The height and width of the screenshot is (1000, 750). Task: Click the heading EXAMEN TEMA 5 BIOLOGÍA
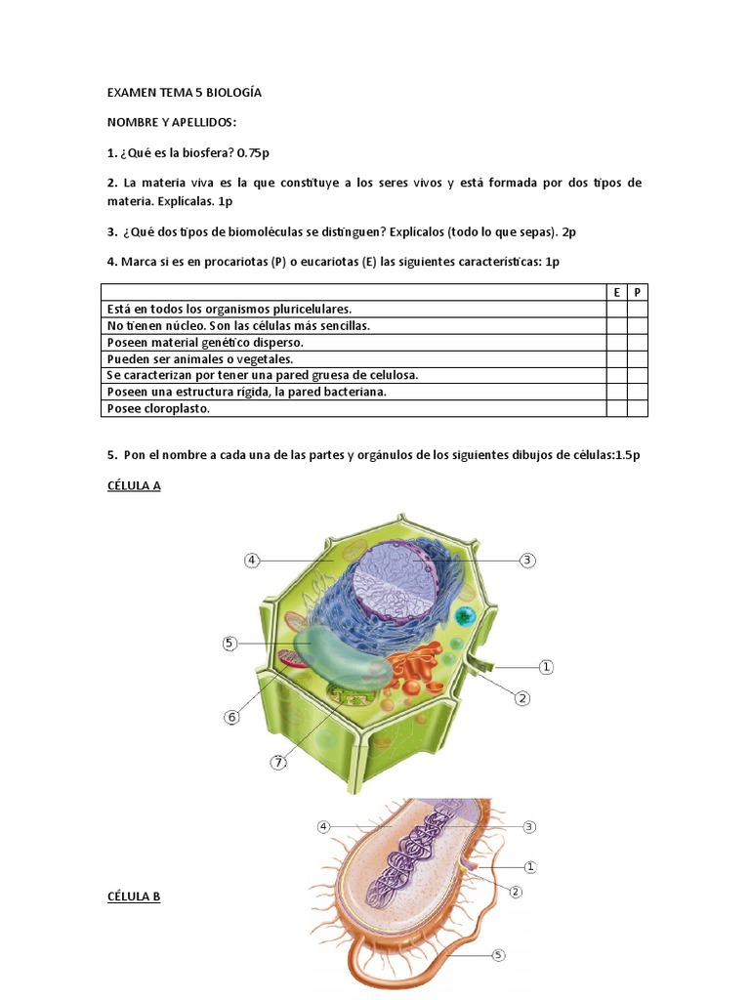[185, 93]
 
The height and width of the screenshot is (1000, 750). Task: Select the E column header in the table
[617, 292]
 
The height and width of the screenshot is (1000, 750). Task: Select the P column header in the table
[637, 292]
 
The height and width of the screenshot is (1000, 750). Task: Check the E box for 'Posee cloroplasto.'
[617, 409]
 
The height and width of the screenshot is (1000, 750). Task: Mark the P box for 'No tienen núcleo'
[637, 326]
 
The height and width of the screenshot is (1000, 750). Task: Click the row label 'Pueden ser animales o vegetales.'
[200, 359]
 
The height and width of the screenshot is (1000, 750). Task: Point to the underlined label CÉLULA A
[134, 485]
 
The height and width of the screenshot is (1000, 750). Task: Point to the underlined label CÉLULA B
[134, 896]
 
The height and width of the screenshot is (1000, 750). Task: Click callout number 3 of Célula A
[527, 560]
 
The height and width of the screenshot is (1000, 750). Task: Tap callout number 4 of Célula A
[252, 560]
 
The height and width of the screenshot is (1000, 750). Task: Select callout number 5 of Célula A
[229, 643]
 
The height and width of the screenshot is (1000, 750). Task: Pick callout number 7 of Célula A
[278, 762]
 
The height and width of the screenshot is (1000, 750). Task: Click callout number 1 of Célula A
[546, 667]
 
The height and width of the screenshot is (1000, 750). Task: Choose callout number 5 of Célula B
[499, 955]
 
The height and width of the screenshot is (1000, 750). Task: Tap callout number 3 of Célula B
[528, 826]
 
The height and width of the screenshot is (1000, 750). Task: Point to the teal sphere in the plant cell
[466, 616]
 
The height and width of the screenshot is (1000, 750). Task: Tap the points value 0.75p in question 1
[253, 152]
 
